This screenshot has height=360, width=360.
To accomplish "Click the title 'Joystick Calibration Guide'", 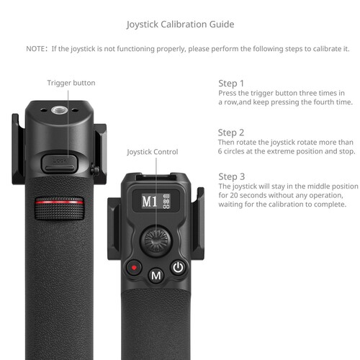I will (180, 24).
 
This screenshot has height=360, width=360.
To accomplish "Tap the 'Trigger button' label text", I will (71, 83).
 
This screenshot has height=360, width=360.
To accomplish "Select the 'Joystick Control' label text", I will (152, 152).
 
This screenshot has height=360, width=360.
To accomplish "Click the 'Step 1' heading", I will (231, 84).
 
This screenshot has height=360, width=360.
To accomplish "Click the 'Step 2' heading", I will (231, 132).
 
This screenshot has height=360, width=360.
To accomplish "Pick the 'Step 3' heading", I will (231, 176).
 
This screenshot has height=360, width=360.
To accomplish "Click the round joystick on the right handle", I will (153, 238).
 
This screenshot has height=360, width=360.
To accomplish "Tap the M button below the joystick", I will (155, 274).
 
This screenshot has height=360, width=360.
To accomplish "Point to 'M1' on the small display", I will (149, 201).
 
